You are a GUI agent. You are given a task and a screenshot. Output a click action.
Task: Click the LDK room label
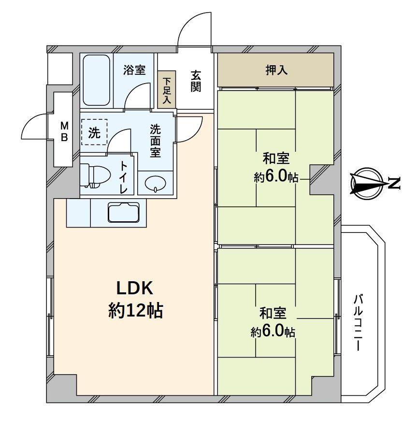pyautogui.click(x=134, y=288)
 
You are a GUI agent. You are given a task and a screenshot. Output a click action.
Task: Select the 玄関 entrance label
pyautogui.click(x=196, y=82)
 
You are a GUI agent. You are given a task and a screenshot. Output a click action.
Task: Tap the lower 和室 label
pyautogui.click(x=273, y=314)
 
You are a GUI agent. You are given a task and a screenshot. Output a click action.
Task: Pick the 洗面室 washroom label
pyautogui.click(x=155, y=141)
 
